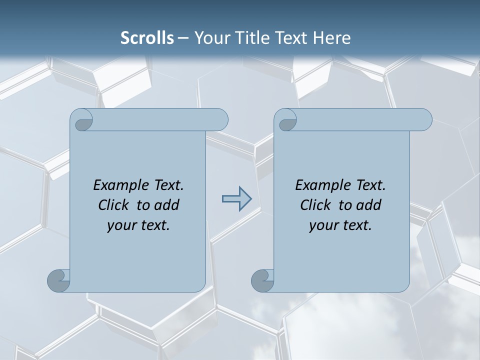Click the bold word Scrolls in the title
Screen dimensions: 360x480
click(147, 38)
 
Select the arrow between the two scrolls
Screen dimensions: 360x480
click(236, 199)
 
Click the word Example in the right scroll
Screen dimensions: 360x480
click(322, 185)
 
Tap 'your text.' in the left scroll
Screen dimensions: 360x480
click(138, 225)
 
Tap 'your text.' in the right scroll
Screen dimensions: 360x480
click(340, 225)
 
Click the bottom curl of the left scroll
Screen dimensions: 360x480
click(58, 280)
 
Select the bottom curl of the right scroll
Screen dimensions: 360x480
click(262, 280)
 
